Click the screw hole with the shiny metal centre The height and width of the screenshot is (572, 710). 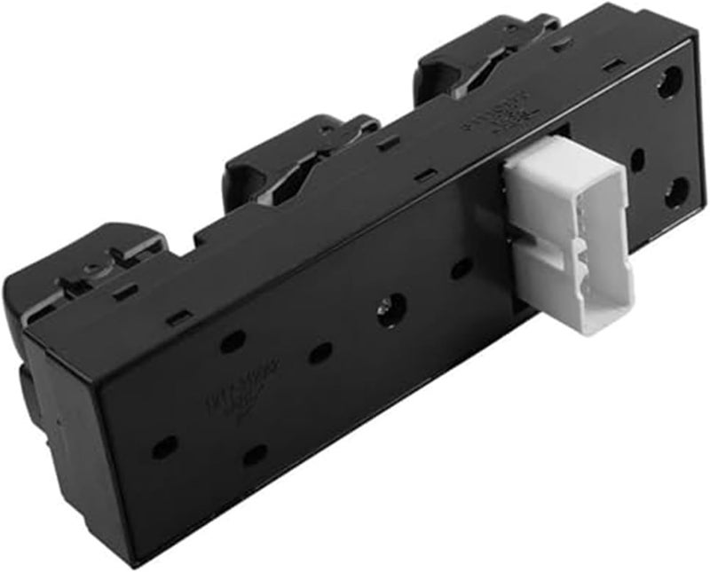(x=391, y=313)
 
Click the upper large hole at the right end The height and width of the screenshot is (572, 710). (x=668, y=84)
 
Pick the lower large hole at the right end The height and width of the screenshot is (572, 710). (x=676, y=191)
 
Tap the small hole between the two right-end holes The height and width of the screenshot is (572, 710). (x=635, y=161)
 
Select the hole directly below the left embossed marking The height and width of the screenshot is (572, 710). (x=255, y=455)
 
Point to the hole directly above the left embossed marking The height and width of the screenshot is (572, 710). (x=233, y=341)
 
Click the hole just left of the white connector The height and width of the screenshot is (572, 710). (x=460, y=268)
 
